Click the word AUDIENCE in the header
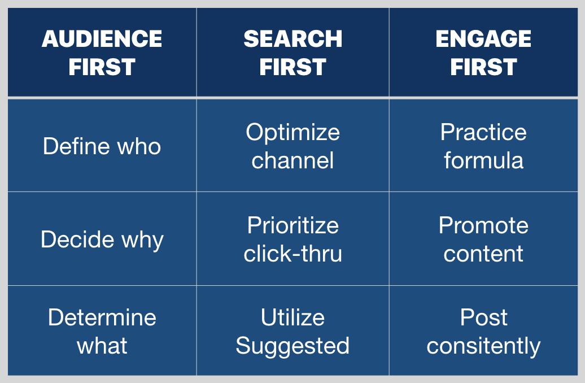(102, 39)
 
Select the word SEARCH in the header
(293, 39)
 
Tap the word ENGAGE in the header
(483, 39)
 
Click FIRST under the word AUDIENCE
(102, 67)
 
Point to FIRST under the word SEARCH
(293, 67)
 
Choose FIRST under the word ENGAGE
(483, 67)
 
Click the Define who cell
(102, 146)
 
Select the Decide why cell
(102, 240)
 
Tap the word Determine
(102, 317)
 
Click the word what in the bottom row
(102, 346)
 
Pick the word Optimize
(293, 133)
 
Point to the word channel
(293, 160)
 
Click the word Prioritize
(293, 225)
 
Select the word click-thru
(293, 254)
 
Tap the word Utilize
(293, 317)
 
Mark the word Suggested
(293, 346)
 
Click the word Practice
(483, 132)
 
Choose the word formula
(483, 160)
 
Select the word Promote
(483, 225)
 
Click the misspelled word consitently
(483, 346)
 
